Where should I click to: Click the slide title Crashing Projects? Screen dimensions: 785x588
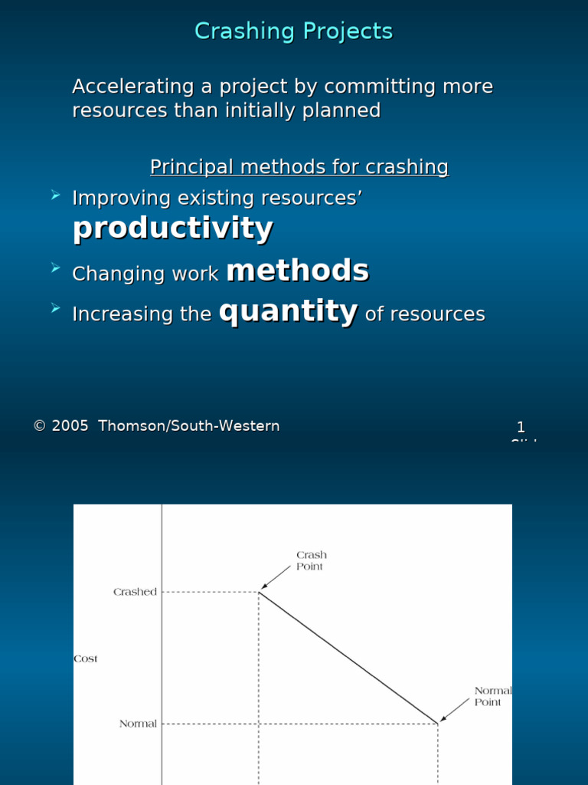coord(293,31)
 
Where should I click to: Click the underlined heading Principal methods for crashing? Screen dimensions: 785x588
coord(299,167)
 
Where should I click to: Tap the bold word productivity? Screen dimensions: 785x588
coord(172,228)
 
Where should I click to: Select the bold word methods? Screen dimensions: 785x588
coord(298,271)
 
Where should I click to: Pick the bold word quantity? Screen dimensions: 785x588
coord(289,311)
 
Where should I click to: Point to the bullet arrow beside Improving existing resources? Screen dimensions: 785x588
coord(55,196)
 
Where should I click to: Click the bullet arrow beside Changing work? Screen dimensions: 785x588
coord(55,268)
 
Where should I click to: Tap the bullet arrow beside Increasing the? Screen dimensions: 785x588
coord(55,308)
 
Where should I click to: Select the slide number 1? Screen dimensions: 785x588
coord(521,428)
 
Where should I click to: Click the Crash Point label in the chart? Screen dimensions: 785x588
coord(311,560)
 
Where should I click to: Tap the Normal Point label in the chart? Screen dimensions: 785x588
coord(492,696)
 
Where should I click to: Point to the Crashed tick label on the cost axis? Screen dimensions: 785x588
coord(135,592)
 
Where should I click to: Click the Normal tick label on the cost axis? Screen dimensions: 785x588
coord(138,724)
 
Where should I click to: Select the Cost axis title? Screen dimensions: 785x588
coord(86,659)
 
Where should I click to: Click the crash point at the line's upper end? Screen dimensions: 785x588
coord(260,592)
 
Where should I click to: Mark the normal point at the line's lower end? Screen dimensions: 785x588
coord(438,723)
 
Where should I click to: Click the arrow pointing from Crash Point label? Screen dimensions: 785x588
coord(277,579)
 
